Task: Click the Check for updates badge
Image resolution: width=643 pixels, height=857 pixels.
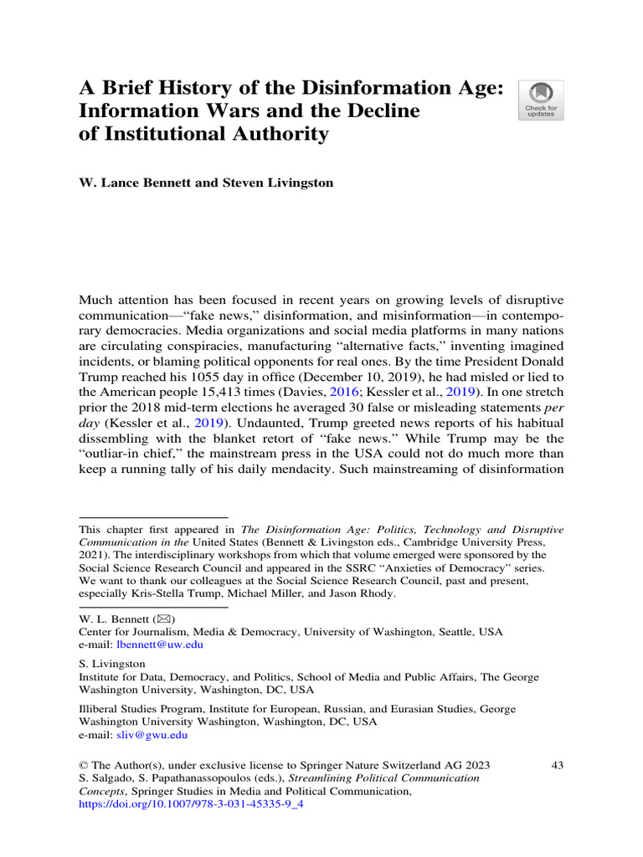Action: click(x=541, y=100)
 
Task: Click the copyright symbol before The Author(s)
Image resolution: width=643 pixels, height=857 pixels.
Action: click(x=83, y=765)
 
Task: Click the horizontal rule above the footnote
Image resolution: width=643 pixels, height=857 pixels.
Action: click(x=153, y=517)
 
